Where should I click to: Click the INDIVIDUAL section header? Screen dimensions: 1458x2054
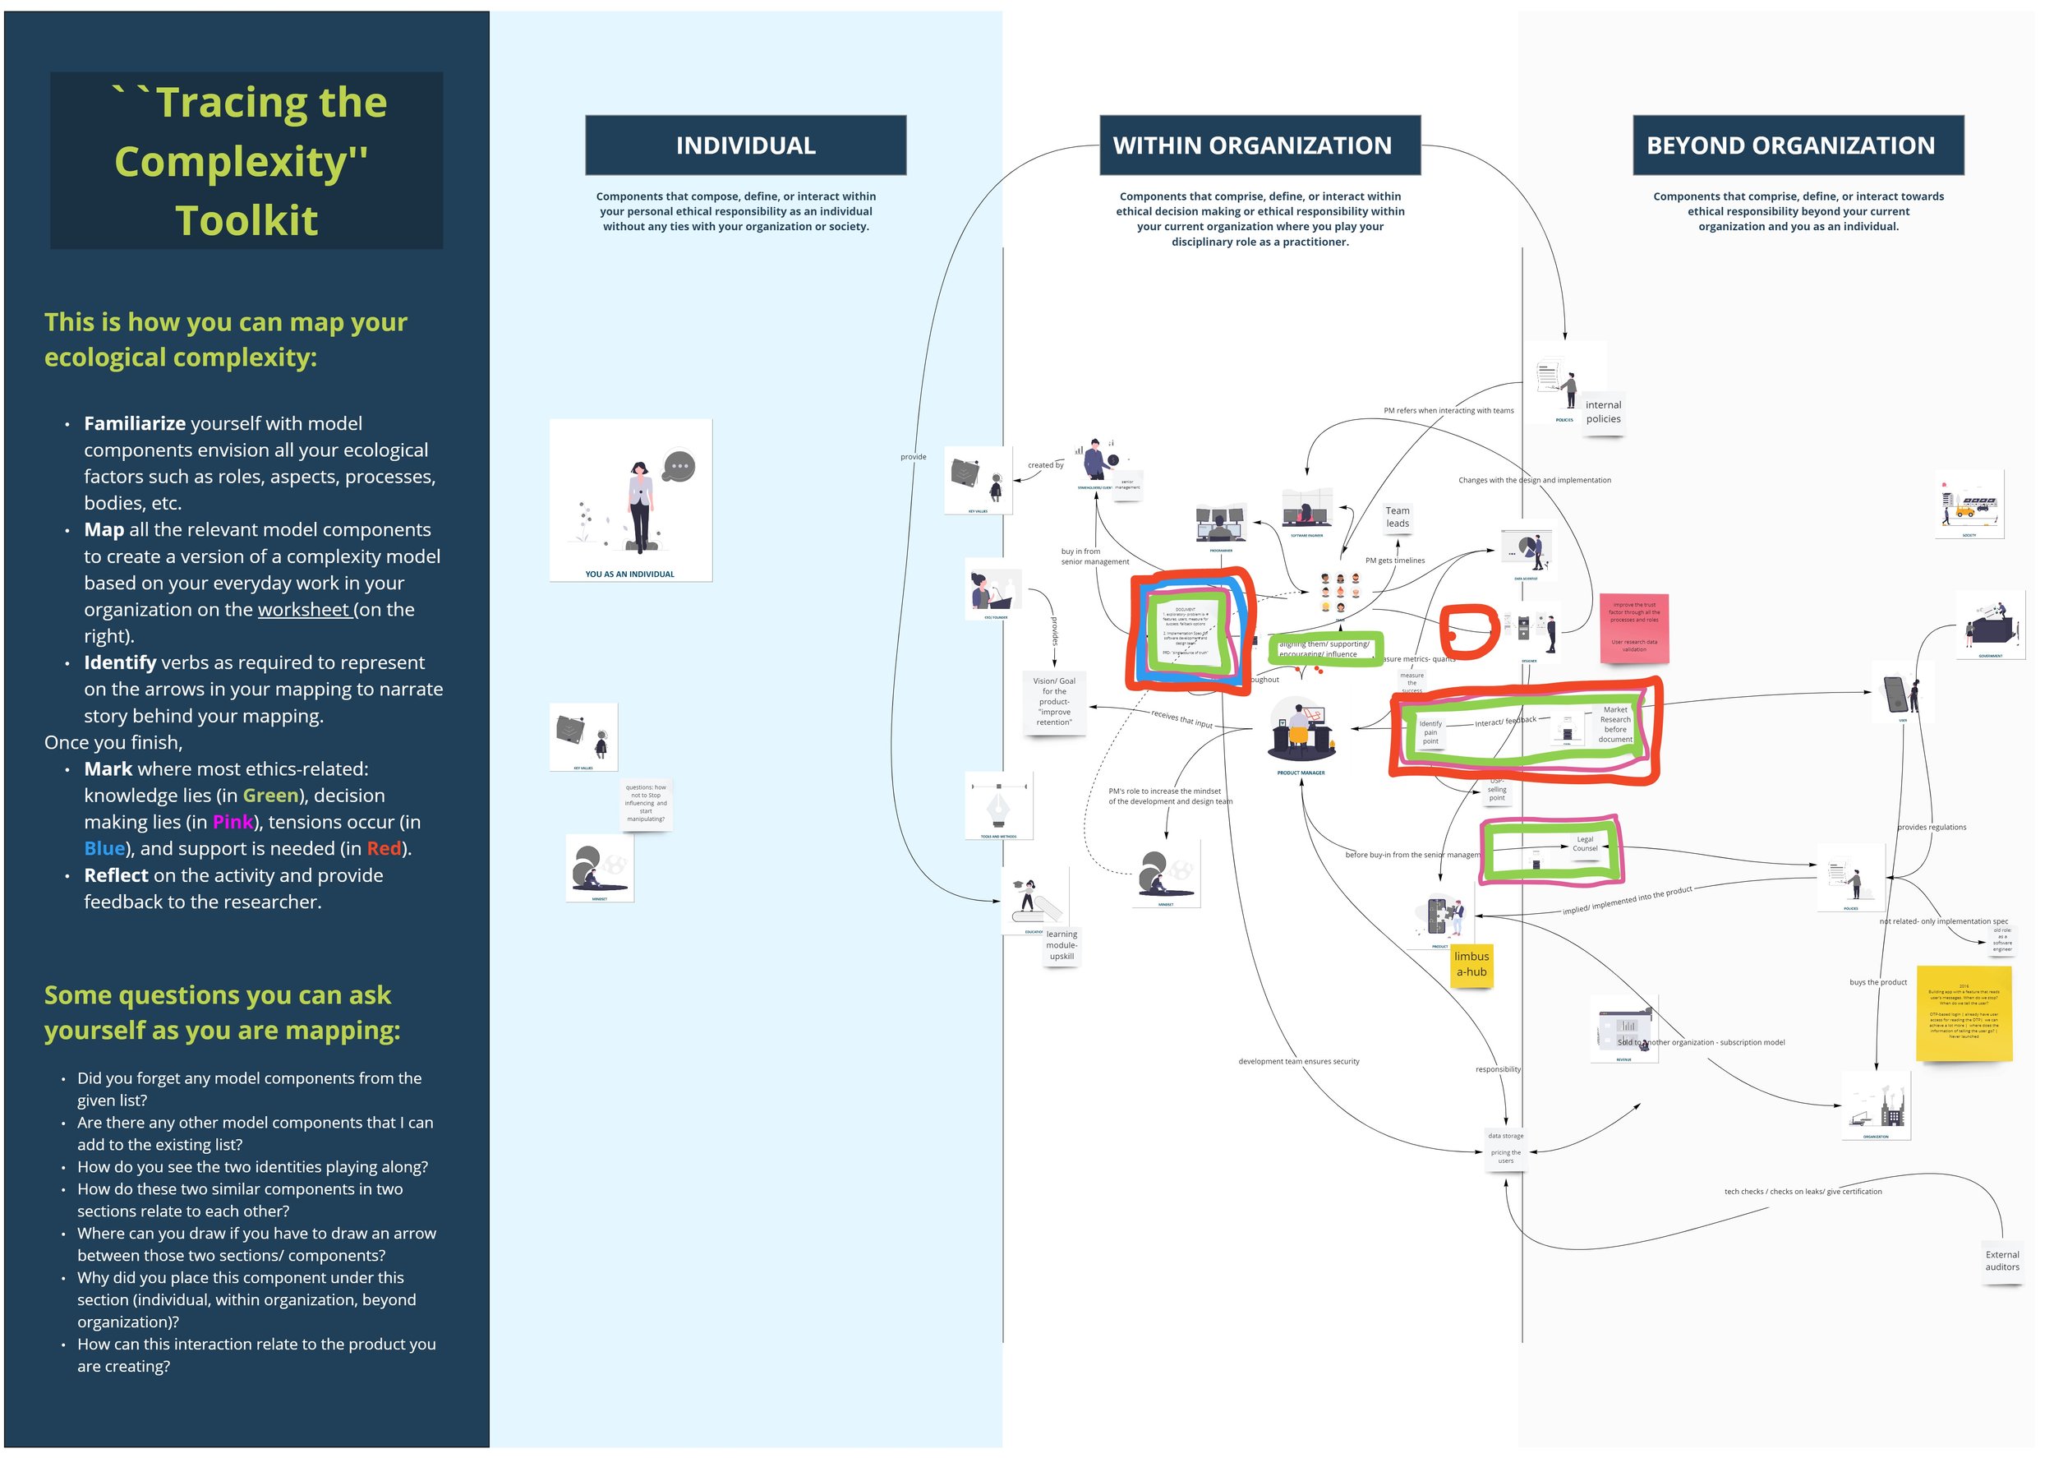coord(745,145)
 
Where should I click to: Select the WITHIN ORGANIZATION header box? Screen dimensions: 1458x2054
coord(1259,145)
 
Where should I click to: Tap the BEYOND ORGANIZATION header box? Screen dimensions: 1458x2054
coord(1798,145)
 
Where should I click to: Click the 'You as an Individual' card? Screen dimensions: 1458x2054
coord(630,500)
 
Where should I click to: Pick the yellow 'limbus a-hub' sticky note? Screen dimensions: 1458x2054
coord(1471,965)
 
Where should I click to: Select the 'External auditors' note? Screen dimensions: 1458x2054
coord(2001,1262)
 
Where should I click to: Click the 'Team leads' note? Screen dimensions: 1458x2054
coord(1398,517)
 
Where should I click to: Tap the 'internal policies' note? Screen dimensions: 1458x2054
coord(1603,412)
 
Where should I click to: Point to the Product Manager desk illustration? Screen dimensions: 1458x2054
coord(1301,731)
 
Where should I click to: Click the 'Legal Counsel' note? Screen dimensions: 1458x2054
coord(1585,844)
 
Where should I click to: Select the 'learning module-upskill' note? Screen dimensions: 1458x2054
coord(1061,945)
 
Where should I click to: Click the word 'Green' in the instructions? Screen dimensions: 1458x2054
coord(270,796)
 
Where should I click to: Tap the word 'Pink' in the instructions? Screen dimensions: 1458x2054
coord(233,823)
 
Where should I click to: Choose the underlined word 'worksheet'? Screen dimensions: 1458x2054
coord(303,610)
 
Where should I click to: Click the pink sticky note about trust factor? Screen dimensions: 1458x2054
coord(1634,628)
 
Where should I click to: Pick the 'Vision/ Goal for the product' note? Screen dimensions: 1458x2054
coord(1053,702)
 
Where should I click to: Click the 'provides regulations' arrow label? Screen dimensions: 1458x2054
coord(1931,828)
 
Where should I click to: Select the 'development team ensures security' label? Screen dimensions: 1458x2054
coord(1298,1062)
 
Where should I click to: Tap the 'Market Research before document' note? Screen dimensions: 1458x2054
coord(1615,725)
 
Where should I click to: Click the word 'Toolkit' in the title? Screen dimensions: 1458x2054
coord(246,221)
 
